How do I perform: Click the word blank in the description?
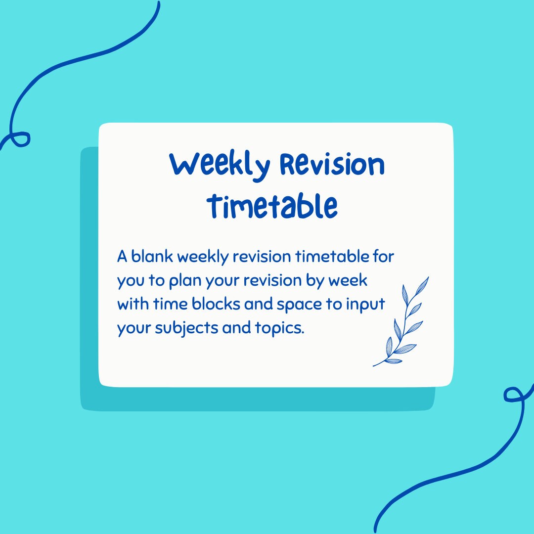click(151, 257)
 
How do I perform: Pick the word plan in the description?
click(182, 281)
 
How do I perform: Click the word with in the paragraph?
click(132, 304)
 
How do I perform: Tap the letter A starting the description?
click(122, 257)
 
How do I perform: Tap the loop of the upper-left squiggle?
click(20, 138)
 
